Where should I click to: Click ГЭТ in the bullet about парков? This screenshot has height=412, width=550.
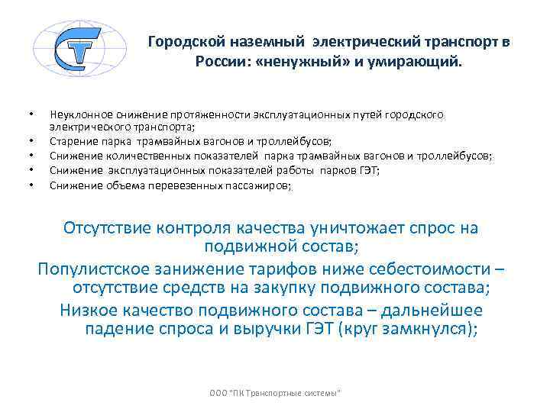pos(369,171)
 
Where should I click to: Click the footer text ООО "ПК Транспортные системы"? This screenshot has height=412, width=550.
pos(275,392)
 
